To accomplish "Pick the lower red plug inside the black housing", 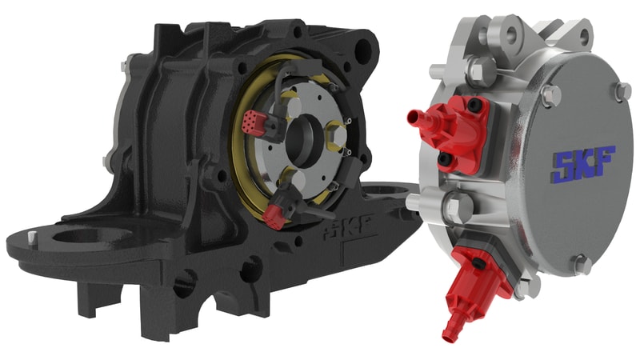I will (x=274, y=214).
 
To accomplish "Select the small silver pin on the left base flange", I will (x=31, y=238).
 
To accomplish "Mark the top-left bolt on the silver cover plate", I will (x=547, y=97).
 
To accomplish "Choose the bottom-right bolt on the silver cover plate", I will (x=583, y=264).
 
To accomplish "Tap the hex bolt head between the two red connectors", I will (x=453, y=207).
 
